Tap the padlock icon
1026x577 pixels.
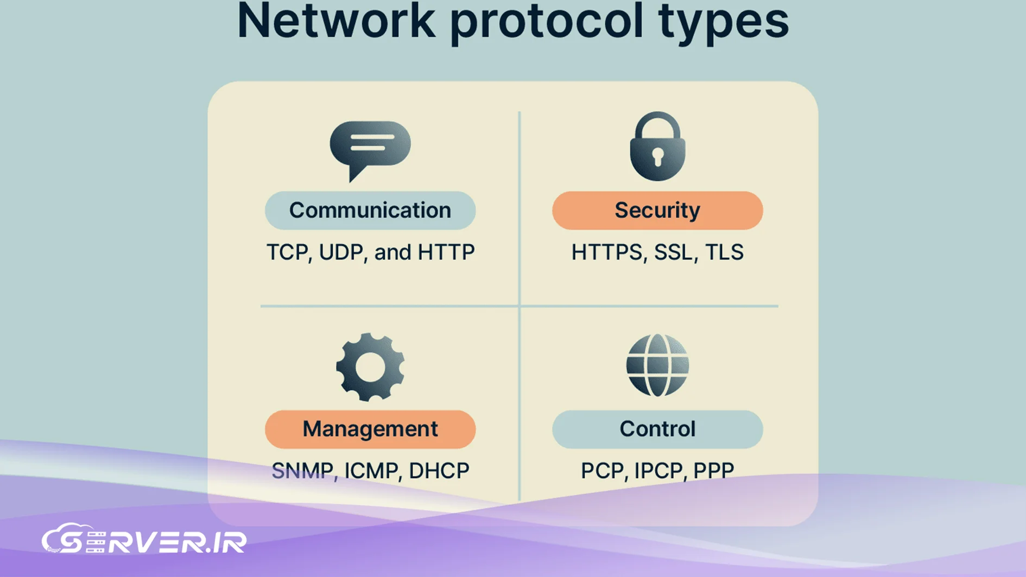tap(657, 146)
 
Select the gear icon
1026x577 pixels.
tap(370, 367)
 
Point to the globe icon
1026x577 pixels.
tap(657, 365)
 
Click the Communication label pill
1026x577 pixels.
tap(370, 210)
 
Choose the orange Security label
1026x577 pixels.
tap(657, 210)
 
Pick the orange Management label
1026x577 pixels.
tap(370, 429)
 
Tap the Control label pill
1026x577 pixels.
tap(657, 429)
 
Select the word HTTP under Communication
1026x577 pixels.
tap(446, 252)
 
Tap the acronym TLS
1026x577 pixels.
tap(724, 252)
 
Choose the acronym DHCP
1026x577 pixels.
tap(439, 471)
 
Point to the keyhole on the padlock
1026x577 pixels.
tap(657, 157)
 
